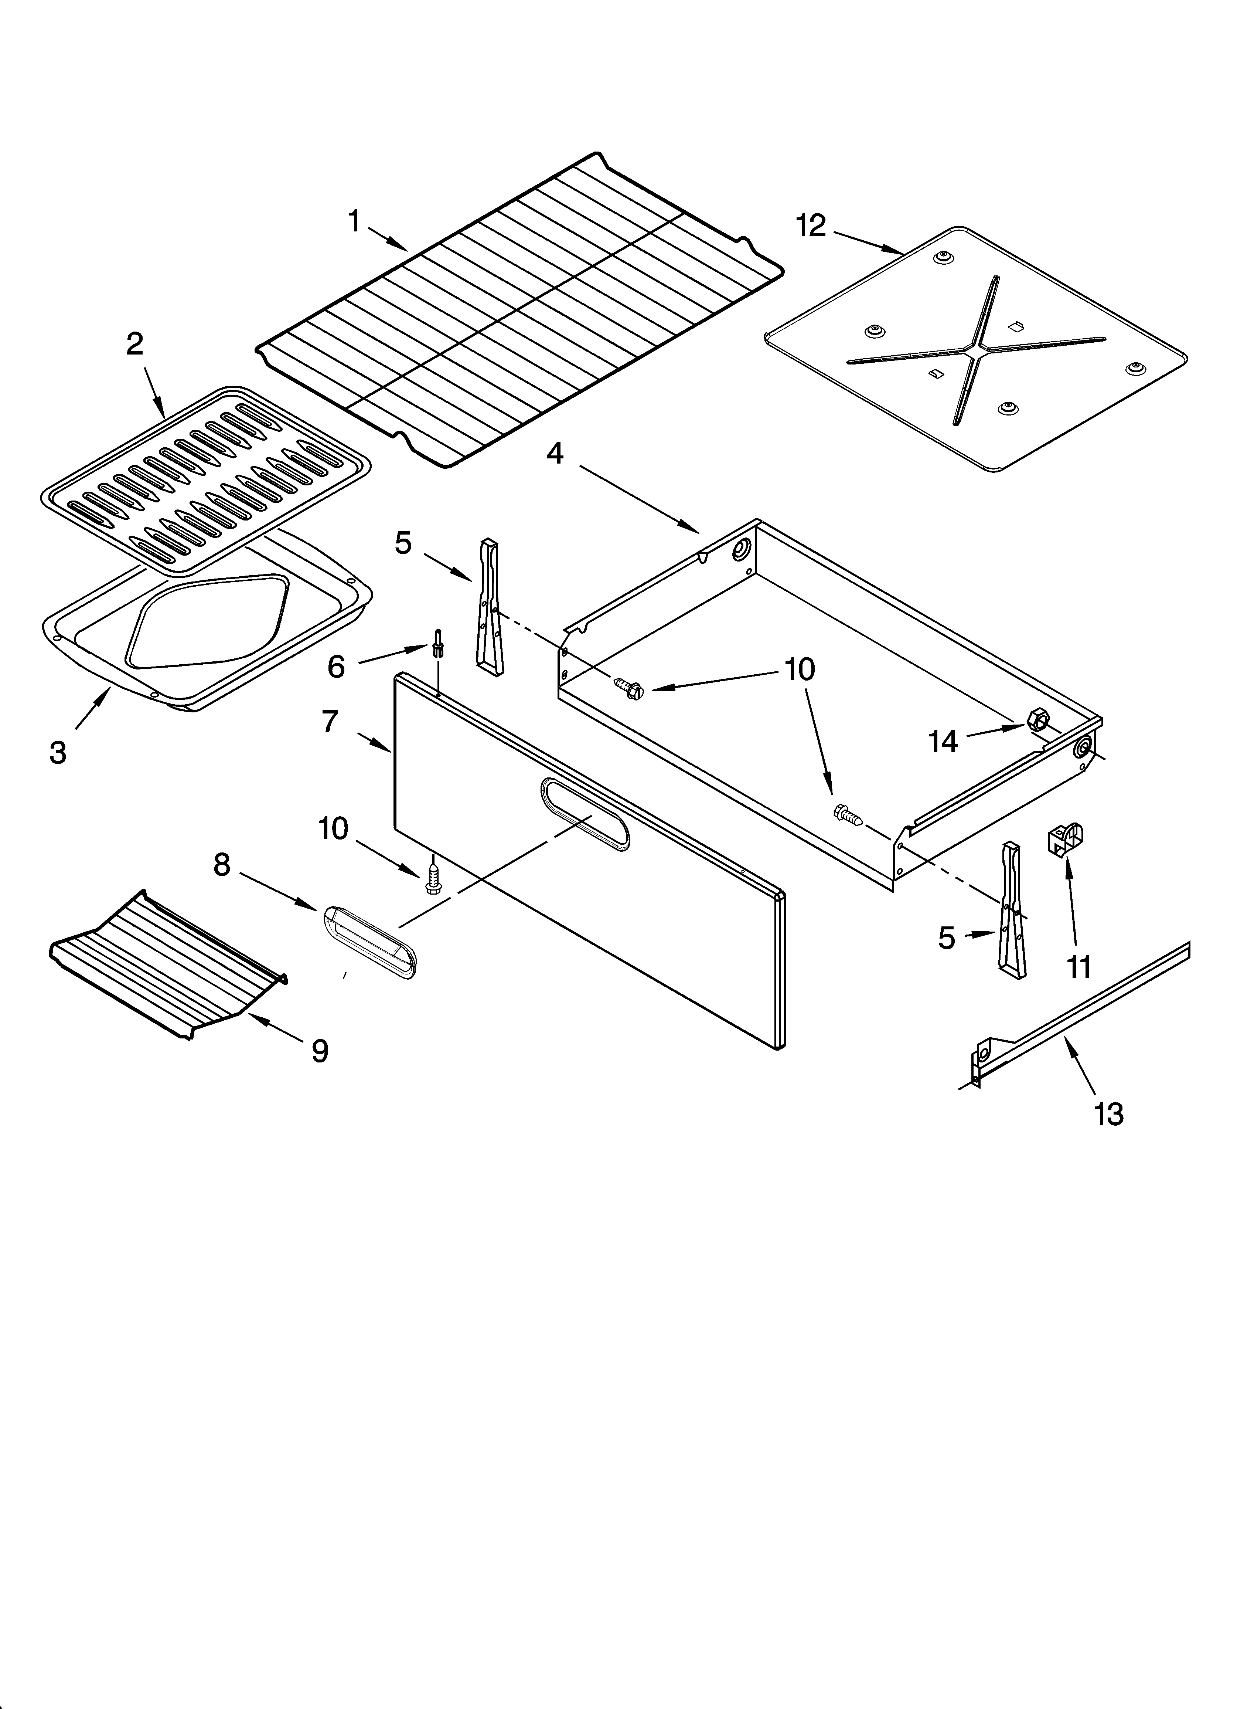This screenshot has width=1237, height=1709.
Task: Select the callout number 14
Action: click(943, 742)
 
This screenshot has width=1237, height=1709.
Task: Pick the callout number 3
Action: click(58, 752)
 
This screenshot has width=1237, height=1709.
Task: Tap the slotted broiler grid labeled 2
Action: click(205, 482)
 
